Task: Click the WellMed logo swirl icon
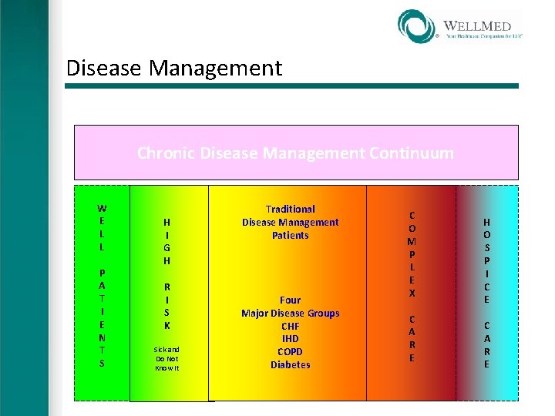417,25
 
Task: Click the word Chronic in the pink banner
166,153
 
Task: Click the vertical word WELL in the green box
102,228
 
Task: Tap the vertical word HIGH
167,241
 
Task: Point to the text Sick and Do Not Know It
167,358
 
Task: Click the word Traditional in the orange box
290,209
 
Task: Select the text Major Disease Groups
290,313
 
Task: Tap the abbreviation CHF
290,326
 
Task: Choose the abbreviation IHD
290,339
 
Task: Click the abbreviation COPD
290,352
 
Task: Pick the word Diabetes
290,365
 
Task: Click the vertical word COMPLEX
412,254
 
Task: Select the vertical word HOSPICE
486,260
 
